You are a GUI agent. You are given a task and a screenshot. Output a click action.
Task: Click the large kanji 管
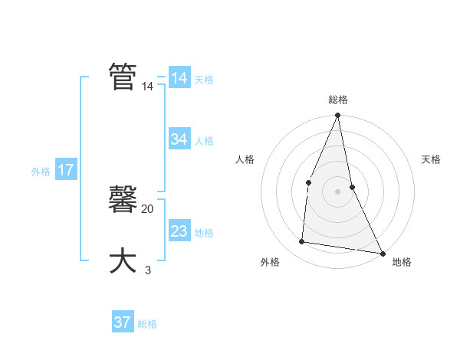click(123, 77)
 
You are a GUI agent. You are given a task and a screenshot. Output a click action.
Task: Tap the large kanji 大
click(123, 260)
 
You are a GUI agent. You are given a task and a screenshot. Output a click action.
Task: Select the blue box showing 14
click(179, 78)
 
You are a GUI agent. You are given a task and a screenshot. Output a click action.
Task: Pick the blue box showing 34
click(179, 139)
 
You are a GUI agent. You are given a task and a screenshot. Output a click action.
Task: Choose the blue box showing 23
click(179, 231)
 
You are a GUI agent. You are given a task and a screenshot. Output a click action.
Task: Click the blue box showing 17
click(66, 170)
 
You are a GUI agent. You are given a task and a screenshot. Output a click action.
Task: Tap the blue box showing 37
click(123, 322)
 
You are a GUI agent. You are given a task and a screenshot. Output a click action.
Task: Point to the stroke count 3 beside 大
click(148, 270)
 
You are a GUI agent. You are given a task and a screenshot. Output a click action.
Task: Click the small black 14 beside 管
click(147, 87)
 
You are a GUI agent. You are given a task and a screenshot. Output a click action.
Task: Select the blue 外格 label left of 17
click(41, 172)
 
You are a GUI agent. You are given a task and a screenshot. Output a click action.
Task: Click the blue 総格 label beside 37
click(147, 324)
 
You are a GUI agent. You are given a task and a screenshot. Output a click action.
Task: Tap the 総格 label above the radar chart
click(338, 100)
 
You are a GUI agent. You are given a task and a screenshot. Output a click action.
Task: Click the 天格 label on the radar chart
click(431, 159)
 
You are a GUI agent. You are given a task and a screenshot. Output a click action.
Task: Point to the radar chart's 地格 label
click(402, 262)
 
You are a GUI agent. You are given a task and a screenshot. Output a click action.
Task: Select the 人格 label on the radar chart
click(245, 159)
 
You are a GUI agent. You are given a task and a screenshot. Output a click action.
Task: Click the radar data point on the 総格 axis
click(338, 116)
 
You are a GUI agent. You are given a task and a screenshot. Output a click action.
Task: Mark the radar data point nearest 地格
click(382, 253)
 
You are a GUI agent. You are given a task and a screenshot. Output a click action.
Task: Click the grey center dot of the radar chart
click(338, 191)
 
